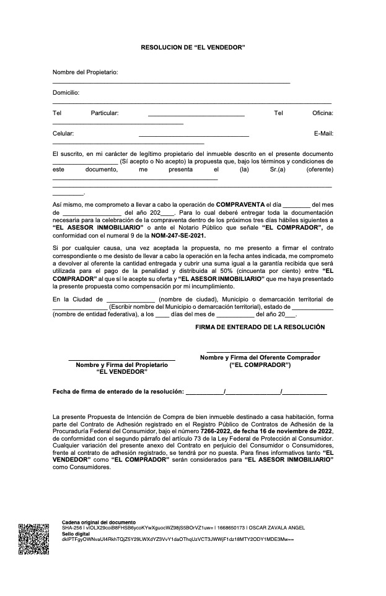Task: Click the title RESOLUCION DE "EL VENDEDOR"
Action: [x=193, y=47]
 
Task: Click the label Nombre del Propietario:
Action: [x=85, y=72]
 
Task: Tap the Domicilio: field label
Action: [x=66, y=92]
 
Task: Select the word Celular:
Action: [x=63, y=133]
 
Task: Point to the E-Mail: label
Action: [x=323, y=133]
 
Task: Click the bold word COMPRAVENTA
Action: [x=240, y=204]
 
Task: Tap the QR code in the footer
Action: [x=33, y=538]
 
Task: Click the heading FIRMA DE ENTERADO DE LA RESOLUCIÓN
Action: [x=260, y=327]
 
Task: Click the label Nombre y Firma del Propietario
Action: [x=121, y=365]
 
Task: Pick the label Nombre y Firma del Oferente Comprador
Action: [x=260, y=357]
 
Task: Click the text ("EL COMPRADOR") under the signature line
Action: [x=260, y=365]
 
